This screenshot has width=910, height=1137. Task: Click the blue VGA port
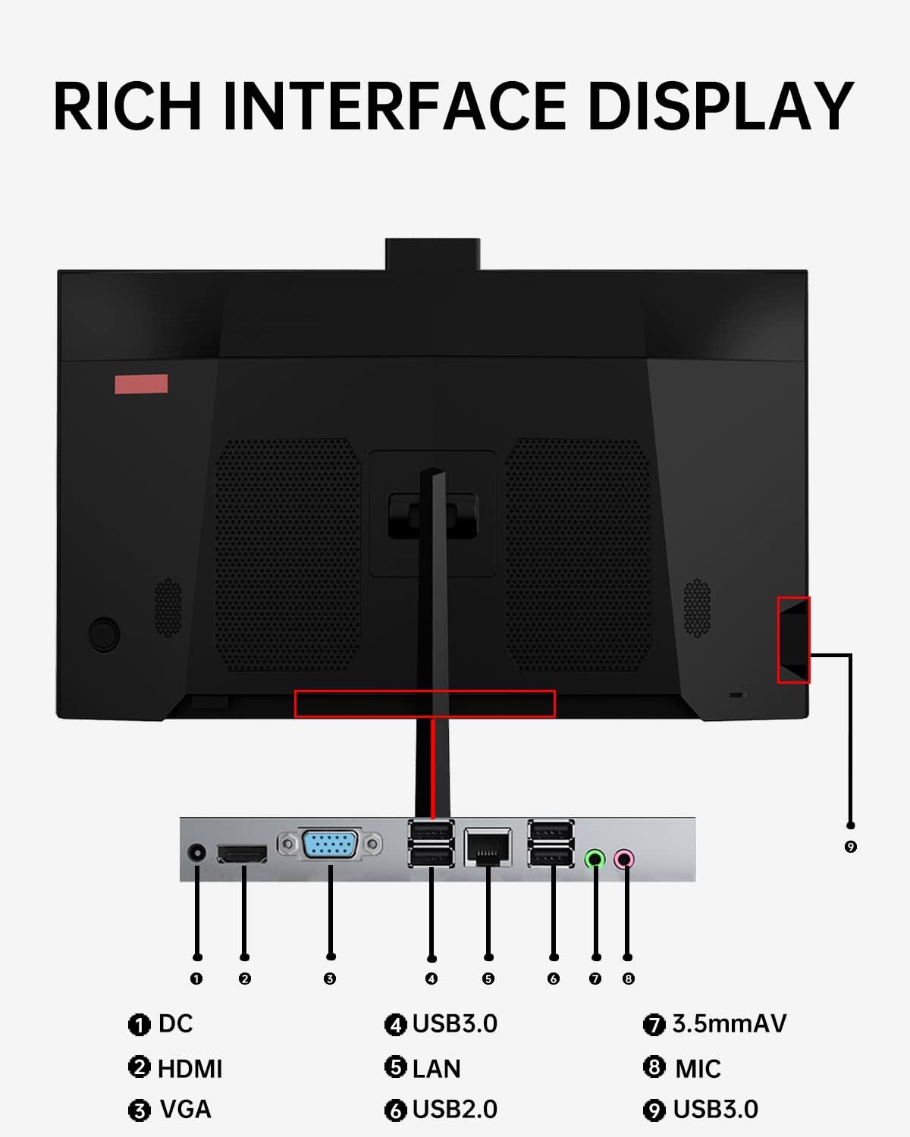click(x=330, y=844)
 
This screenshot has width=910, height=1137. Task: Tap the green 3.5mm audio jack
click(x=595, y=859)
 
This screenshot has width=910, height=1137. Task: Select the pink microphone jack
click(x=624, y=859)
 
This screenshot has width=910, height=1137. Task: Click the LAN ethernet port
click(x=488, y=847)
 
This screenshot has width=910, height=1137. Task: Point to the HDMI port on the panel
click(x=242, y=854)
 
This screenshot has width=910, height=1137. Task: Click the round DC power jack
click(x=196, y=852)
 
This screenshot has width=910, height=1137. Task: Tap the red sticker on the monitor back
click(x=141, y=384)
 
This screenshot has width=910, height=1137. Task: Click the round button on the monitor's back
click(x=104, y=634)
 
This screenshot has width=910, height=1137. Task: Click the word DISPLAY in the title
click(x=720, y=105)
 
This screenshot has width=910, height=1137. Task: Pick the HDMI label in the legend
click(x=190, y=1068)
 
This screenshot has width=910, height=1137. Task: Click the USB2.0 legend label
click(x=455, y=1109)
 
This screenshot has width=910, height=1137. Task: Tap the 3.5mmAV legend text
click(x=730, y=1023)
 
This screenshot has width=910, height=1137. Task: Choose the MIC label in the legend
click(x=698, y=1068)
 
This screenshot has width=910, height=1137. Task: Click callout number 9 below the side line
click(x=850, y=847)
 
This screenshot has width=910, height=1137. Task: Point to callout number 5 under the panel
click(x=488, y=979)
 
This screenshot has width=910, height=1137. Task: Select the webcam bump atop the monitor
click(x=432, y=254)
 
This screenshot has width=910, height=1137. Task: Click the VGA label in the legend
click(x=185, y=1109)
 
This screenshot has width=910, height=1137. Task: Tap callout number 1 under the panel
click(x=196, y=979)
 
